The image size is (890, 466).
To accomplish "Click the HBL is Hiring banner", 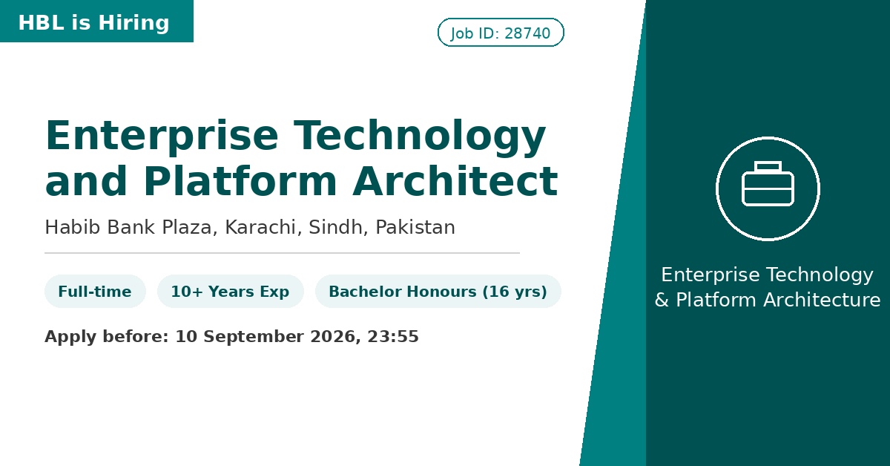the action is click(x=96, y=21).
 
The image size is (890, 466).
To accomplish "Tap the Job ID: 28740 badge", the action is click(x=501, y=32).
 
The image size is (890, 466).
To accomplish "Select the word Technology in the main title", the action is click(x=420, y=137).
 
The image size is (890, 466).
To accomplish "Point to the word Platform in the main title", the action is click(x=240, y=181).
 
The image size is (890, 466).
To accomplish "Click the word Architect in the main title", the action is click(x=455, y=181).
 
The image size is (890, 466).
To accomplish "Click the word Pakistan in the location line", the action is click(x=415, y=227).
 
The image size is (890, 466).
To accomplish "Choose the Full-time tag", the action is click(x=95, y=292).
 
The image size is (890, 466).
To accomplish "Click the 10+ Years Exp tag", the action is click(x=231, y=292).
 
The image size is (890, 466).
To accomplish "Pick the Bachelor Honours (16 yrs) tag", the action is click(x=438, y=292).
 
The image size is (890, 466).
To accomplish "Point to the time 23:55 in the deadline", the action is click(x=393, y=336).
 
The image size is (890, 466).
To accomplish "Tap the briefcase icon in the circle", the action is click(x=768, y=184).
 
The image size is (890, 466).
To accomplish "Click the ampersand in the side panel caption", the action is click(x=662, y=301).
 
